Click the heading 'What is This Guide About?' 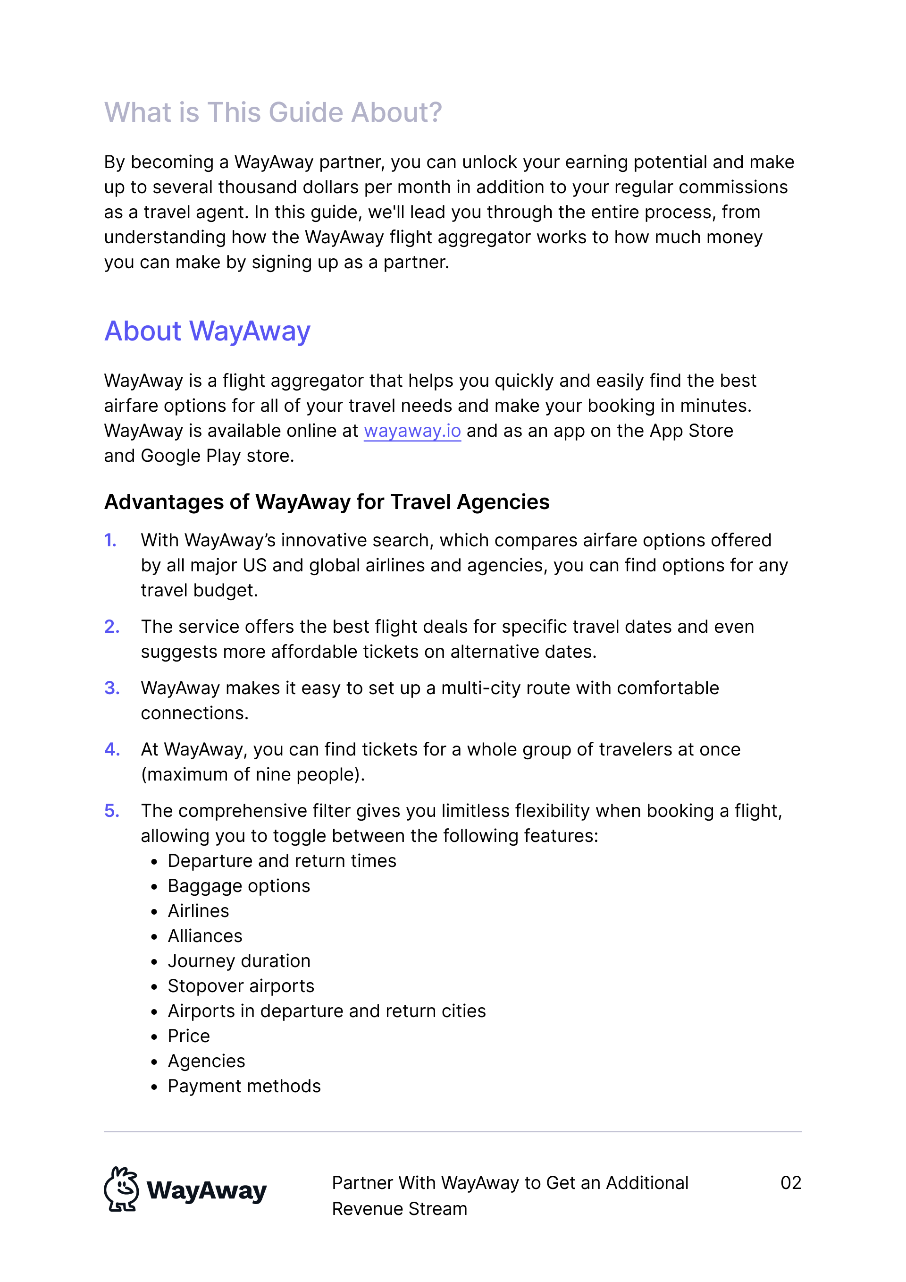[x=273, y=112]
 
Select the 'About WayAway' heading [x=207, y=331]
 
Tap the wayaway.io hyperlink [x=412, y=431]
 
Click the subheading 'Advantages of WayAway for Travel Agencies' [x=327, y=502]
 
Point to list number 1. [x=110, y=541]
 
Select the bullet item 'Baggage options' [x=239, y=886]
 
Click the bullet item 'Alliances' [x=205, y=936]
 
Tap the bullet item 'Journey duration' [x=239, y=961]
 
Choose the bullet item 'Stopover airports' [x=241, y=986]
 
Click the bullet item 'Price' [x=189, y=1036]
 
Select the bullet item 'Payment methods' [x=244, y=1086]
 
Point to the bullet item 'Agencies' [x=206, y=1061]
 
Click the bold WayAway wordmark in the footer [x=206, y=1191]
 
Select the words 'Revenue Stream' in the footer [x=400, y=1209]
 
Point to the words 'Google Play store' [x=217, y=456]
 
